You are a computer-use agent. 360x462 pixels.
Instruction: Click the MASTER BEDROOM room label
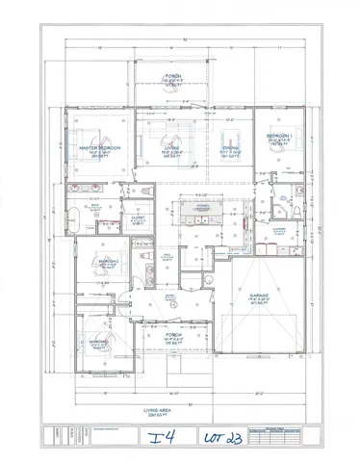99,148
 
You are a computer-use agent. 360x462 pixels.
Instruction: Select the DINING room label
231,148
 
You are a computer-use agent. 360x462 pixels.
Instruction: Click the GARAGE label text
258,296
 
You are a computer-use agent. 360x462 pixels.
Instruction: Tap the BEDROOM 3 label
99,342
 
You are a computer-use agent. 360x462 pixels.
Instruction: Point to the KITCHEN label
203,206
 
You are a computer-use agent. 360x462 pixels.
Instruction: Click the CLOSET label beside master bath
138,218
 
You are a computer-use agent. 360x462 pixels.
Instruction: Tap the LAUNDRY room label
282,229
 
